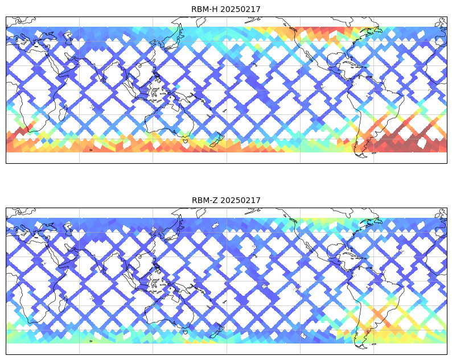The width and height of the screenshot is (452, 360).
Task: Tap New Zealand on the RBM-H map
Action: click(216, 140)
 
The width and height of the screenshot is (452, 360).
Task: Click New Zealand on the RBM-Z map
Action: click(216, 331)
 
